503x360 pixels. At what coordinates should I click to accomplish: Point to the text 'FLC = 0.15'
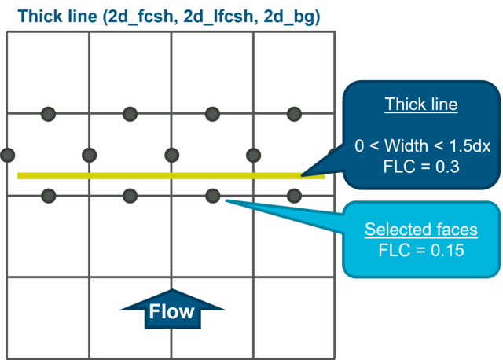pos(420,251)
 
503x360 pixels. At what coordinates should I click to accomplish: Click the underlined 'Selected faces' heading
pos(420,230)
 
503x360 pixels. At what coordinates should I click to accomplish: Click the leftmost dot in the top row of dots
pos(48,115)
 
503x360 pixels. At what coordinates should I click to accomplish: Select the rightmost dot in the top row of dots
pos(294,115)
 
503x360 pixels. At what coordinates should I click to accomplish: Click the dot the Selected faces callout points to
pos(212,195)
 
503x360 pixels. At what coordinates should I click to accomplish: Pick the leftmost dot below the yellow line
pos(48,195)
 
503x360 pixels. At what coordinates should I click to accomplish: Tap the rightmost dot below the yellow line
pos(294,195)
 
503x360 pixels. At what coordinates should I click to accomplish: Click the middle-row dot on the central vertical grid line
pos(171,154)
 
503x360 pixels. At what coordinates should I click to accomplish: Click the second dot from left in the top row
pos(130,115)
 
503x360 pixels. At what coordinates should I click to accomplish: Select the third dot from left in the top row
pos(212,115)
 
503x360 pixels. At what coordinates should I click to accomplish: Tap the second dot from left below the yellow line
pos(130,195)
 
